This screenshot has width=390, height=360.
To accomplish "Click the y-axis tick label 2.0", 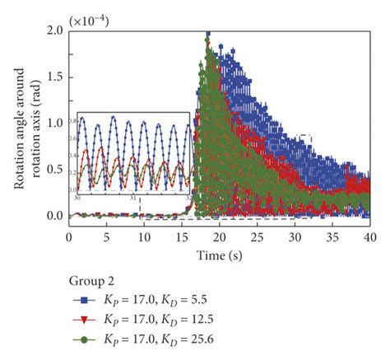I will [53, 31].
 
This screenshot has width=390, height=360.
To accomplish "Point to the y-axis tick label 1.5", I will [53, 77].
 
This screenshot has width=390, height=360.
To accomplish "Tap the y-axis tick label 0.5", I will [53, 170].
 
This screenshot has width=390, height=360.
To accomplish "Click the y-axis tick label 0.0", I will [53, 216].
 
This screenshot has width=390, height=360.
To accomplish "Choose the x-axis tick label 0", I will [69, 236].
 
